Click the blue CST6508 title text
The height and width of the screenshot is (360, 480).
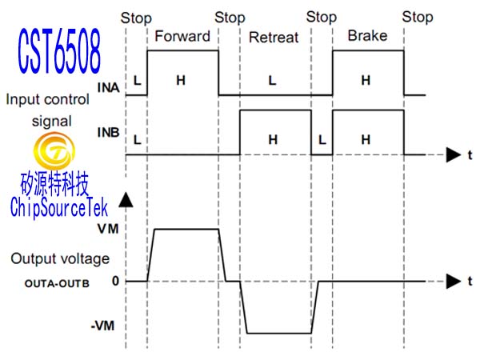(x=59, y=51)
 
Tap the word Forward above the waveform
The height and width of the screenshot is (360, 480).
(x=182, y=36)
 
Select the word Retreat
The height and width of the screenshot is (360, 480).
(x=274, y=38)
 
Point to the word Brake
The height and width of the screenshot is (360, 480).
(x=367, y=35)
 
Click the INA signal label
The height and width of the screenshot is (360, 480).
(x=108, y=87)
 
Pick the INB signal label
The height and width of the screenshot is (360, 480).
(x=108, y=132)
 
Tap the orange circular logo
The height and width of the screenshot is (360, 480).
(x=54, y=150)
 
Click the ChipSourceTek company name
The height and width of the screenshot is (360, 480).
(x=58, y=207)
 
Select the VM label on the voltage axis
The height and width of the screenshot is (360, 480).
(x=108, y=229)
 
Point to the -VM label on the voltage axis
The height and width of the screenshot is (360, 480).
(x=103, y=326)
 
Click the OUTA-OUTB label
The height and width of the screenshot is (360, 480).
(x=58, y=283)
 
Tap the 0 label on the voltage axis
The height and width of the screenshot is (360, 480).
(x=115, y=281)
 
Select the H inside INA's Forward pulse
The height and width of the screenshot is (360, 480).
(x=181, y=81)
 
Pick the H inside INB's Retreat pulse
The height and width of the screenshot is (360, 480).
(x=273, y=140)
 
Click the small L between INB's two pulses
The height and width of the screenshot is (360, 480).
(x=322, y=140)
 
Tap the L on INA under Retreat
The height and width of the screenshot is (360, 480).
(x=273, y=81)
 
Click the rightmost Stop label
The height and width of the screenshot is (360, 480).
(x=418, y=17)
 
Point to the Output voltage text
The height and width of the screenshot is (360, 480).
(x=60, y=258)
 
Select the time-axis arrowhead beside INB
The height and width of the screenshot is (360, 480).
(x=454, y=155)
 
